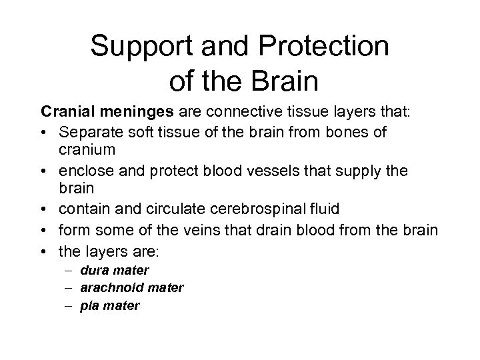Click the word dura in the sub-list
point(93,270)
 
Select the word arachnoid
point(109,287)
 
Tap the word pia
point(90,305)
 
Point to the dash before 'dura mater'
point(71,270)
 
